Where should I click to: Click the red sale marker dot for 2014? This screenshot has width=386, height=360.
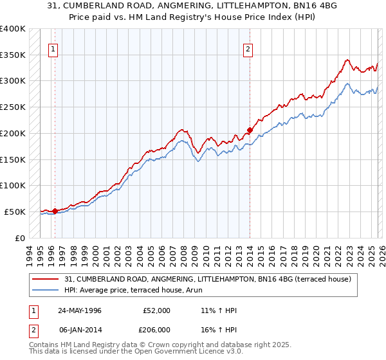coord(250,129)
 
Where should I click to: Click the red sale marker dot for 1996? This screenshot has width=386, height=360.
coord(55,210)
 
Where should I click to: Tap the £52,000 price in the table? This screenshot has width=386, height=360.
coord(156,310)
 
